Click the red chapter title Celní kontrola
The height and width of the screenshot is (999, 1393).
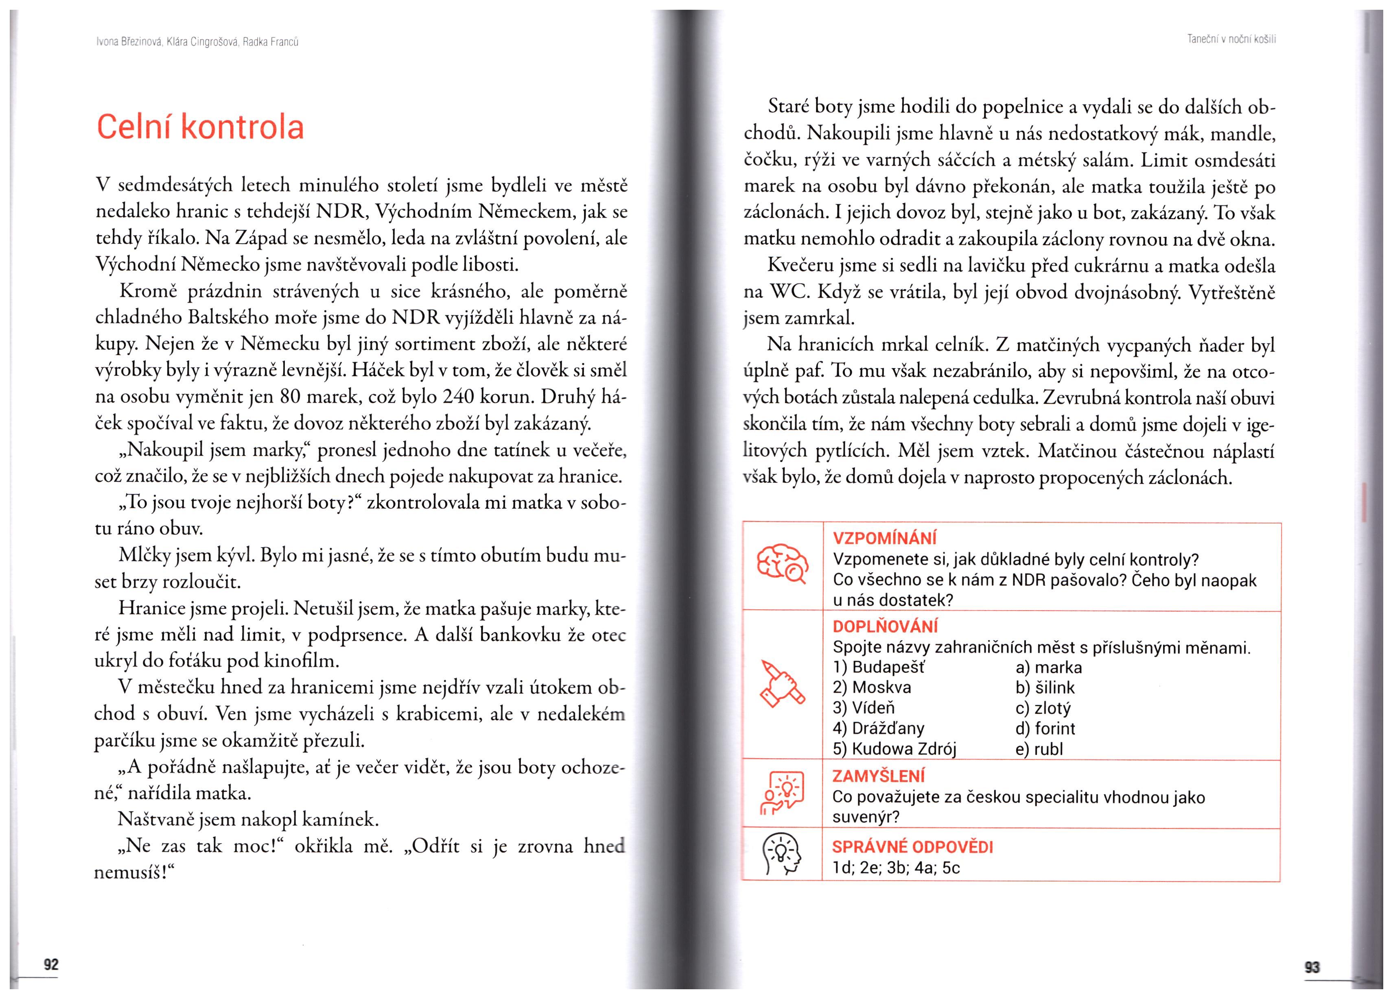pos(200,127)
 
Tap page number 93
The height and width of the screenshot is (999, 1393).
pos(1312,967)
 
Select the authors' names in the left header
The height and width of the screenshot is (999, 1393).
pos(197,42)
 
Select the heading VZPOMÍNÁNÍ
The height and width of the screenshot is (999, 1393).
pos(884,539)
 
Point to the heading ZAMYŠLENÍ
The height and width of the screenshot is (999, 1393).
pos(878,776)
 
